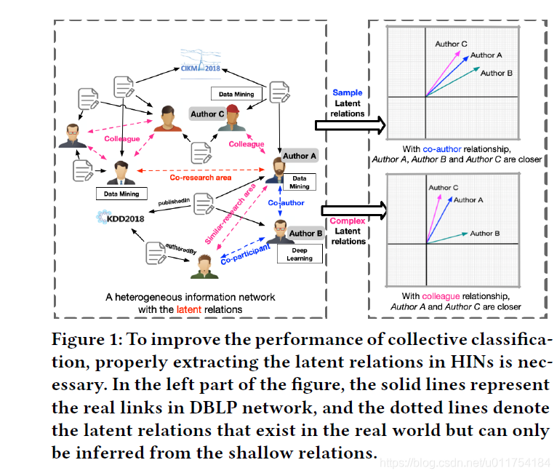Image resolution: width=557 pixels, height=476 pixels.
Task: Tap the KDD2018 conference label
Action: point(121,217)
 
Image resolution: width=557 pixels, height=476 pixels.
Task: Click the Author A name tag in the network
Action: point(299,156)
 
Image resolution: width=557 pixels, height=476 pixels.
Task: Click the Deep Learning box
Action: point(299,254)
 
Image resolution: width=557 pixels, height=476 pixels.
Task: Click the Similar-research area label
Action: point(230,213)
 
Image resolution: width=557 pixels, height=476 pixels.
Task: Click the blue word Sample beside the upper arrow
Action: point(347,93)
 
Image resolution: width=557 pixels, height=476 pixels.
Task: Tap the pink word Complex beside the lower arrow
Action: point(347,221)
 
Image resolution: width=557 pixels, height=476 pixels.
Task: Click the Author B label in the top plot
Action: point(497,73)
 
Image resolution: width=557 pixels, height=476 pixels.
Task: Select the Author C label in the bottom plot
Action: point(444,188)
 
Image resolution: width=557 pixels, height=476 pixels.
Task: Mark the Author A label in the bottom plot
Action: point(469,199)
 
